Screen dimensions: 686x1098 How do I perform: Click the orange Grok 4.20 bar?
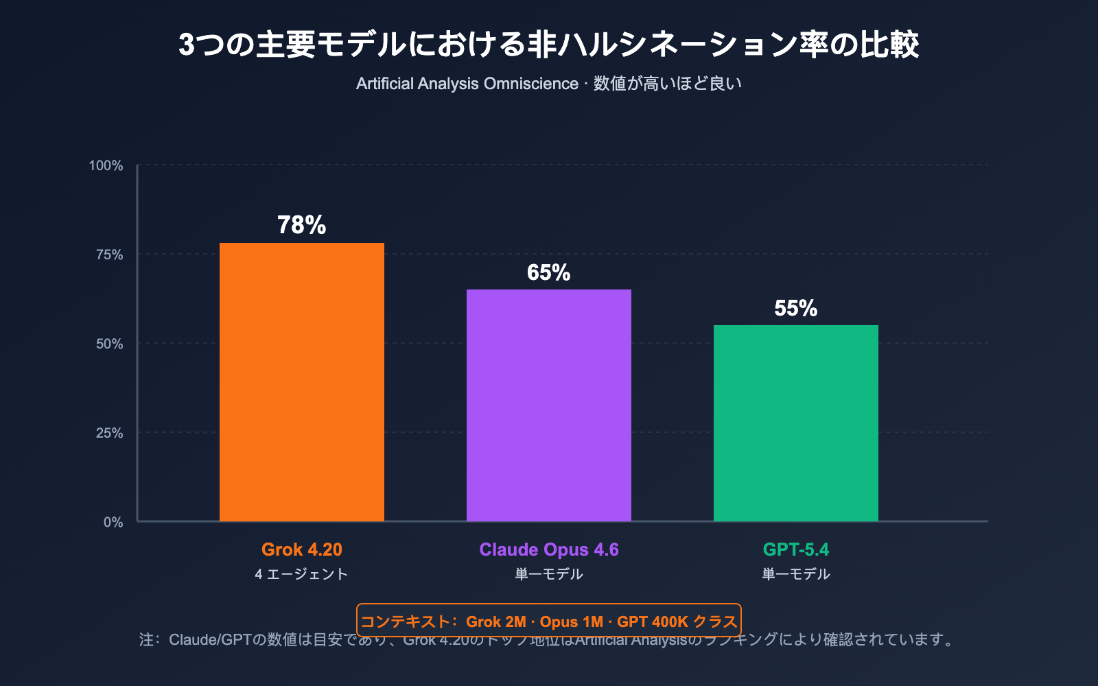(302, 382)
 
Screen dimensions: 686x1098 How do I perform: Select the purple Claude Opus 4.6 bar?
(549, 405)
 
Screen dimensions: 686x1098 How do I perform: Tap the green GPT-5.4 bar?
(796, 423)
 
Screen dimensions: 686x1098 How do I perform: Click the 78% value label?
(302, 225)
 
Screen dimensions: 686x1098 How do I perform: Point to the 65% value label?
(549, 272)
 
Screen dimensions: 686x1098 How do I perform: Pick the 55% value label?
(796, 308)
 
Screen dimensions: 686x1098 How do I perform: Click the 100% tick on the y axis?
(106, 165)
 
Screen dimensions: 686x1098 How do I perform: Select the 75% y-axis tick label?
(109, 255)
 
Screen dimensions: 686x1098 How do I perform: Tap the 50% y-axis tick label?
(109, 344)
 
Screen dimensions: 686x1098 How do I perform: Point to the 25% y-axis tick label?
(109, 433)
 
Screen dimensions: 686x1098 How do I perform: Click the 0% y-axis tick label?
(113, 522)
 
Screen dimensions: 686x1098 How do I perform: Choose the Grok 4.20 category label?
(302, 549)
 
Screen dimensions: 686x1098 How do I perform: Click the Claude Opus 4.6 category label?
(549, 549)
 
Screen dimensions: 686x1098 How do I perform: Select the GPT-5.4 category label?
(796, 549)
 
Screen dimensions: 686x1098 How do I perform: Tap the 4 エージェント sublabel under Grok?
(302, 574)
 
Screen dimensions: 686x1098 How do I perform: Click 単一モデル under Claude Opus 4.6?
(549, 574)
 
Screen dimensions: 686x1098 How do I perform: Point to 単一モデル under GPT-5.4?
(796, 574)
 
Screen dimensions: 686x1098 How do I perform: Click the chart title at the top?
(549, 45)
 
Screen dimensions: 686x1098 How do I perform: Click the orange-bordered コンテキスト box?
(549, 620)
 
